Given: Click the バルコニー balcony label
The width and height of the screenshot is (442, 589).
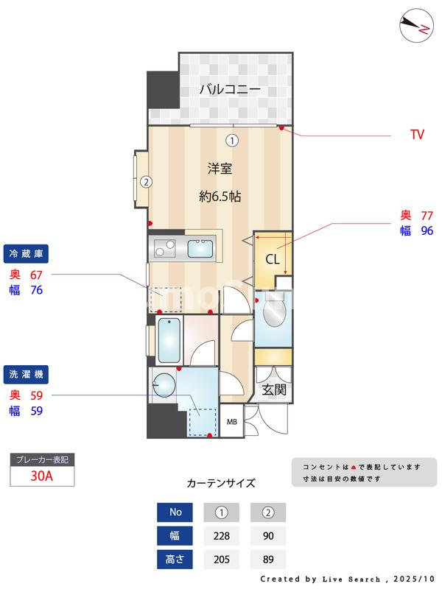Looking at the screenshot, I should click(229, 91).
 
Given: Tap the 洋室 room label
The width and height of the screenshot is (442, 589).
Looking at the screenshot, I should click(220, 169).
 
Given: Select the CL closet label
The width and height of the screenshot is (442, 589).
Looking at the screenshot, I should click(272, 259).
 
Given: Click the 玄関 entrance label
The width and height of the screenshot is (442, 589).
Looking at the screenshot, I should click(274, 389).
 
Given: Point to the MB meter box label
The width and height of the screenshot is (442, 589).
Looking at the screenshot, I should click(231, 422).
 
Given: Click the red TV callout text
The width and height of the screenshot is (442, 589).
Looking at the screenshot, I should click(417, 135).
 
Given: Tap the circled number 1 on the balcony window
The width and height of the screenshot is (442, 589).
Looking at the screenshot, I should click(231, 140).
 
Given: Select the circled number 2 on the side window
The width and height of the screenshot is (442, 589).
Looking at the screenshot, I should click(146, 181).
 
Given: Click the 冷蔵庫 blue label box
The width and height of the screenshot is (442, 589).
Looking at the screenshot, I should click(27, 254).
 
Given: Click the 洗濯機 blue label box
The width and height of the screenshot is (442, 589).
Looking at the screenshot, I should click(27, 375).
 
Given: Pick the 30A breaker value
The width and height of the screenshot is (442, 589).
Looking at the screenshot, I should click(42, 476).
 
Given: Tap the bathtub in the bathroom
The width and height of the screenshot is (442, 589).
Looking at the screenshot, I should click(169, 339).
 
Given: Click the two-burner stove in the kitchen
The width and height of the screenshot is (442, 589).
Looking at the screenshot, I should click(163, 248).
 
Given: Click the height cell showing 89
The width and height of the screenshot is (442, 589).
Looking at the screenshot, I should click(267, 560).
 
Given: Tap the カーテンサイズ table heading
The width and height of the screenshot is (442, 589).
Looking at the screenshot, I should click(221, 484).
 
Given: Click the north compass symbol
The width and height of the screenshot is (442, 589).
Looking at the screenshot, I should click(416, 27).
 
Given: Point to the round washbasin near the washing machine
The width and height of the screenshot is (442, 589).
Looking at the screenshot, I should click(164, 384).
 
